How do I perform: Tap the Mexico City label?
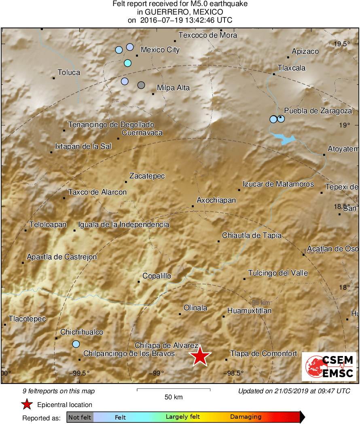point(160,50)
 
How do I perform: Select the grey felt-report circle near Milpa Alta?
point(141,85)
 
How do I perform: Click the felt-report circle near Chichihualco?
point(76,344)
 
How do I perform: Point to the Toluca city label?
point(69,72)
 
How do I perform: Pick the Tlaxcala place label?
point(292,68)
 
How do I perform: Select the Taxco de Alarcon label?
point(97,192)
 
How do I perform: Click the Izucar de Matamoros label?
point(278,184)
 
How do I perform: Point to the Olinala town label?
point(195,308)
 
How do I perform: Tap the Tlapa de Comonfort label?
point(263,354)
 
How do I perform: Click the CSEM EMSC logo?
point(329,367)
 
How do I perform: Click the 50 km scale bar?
point(174,390)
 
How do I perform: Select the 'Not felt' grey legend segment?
point(80,417)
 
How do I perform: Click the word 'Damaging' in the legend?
point(246,417)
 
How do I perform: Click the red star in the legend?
point(27,404)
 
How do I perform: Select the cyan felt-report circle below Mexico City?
point(127,63)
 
